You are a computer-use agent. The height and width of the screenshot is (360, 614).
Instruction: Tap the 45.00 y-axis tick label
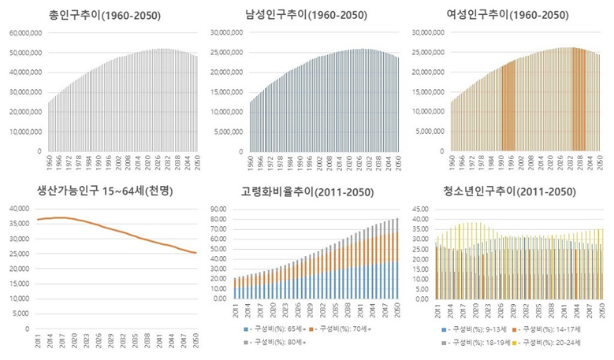[422, 209]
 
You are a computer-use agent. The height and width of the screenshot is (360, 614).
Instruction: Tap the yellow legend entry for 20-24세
[564, 343]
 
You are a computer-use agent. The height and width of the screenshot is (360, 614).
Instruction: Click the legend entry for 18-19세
[476, 343]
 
